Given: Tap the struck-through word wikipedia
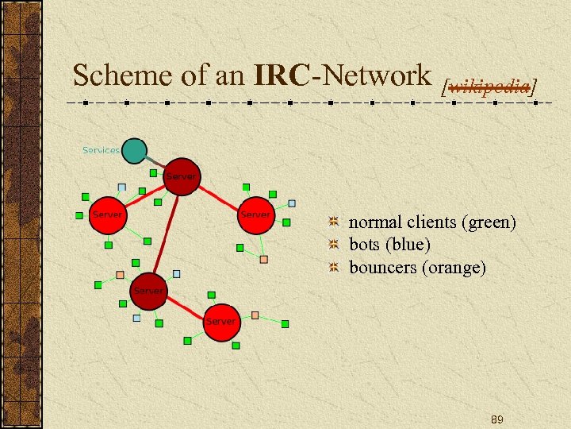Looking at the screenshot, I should click(489, 85).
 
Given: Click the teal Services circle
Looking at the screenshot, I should click(135, 150).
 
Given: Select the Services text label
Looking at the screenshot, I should click(101, 150).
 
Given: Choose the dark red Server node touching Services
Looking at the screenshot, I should click(181, 176).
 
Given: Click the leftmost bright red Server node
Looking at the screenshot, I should click(107, 215).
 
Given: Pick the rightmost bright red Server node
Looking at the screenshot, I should click(255, 215).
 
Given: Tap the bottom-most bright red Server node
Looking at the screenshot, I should click(220, 322).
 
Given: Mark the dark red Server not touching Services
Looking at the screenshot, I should click(148, 291).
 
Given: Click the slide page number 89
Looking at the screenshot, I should click(497, 419).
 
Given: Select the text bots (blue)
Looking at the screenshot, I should click(389, 245).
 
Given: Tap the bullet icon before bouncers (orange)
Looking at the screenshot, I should click(335, 267).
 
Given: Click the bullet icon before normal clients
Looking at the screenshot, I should click(335, 222).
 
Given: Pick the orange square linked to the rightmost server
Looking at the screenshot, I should click(263, 259).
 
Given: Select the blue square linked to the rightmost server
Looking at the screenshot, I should click(292, 203).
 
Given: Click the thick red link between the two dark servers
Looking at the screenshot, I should click(164, 233).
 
